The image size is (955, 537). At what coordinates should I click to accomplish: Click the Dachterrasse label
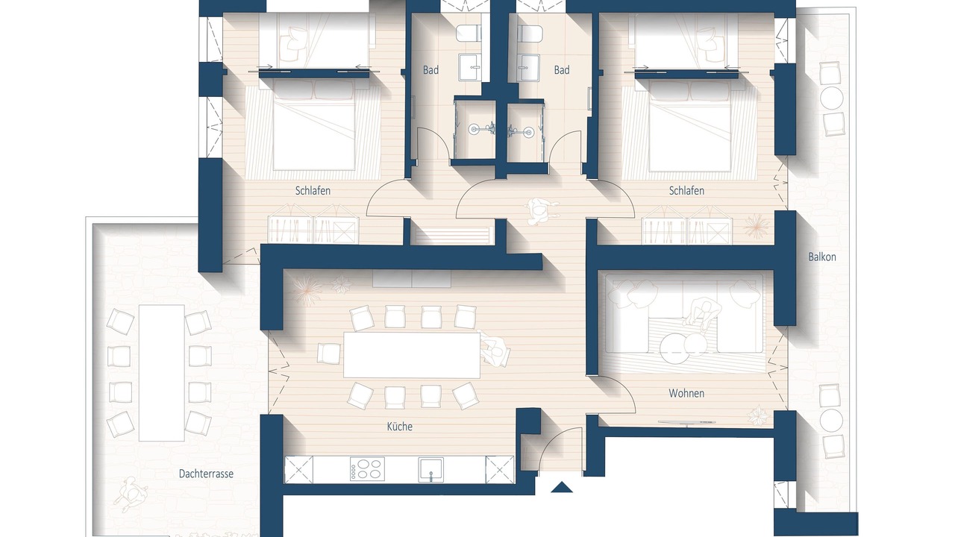pyautogui.click(x=206, y=474)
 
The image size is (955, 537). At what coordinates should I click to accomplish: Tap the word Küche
pyautogui.click(x=399, y=426)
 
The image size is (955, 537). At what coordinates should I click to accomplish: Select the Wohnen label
pyautogui.click(x=686, y=393)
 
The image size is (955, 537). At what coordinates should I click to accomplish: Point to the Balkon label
pyautogui.click(x=822, y=257)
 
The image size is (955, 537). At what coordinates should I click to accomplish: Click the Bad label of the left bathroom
pyautogui.click(x=430, y=70)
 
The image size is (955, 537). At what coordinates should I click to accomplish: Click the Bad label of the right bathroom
pyautogui.click(x=562, y=70)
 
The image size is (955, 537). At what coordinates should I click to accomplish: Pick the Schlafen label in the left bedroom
pyautogui.click(x=313, y=190)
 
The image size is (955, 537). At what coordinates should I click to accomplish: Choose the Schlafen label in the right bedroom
pyautogui.click(x=686, y=190)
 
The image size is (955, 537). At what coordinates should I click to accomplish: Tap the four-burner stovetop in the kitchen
pyautogui.click(x=367, y=469)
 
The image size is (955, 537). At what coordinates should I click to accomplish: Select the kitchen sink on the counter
pyautogui.click(x=430, y=469)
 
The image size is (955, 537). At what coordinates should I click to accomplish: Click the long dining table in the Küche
pyautogui.click(x=412, y=355)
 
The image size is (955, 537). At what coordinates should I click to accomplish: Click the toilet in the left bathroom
pyautogui.click(x=468, y=34)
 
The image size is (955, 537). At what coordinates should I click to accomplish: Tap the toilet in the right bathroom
pyautogui.click(x=530, y=34)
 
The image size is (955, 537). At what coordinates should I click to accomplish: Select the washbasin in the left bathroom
pyautogui.click(x=470, y=67)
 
